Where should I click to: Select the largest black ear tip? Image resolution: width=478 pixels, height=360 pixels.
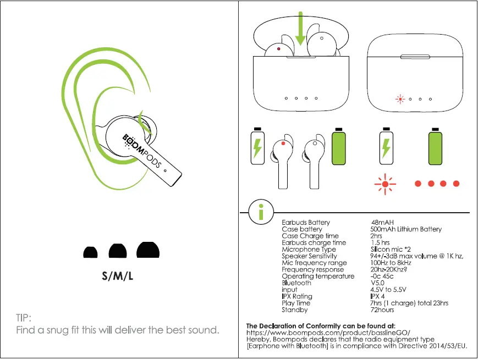click(148, 250)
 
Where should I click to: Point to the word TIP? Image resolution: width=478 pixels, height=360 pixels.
click(26, 318)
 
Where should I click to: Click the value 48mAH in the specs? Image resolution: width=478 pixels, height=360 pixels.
click(382, 223)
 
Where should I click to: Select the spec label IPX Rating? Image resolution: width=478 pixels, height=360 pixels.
click(297, 296)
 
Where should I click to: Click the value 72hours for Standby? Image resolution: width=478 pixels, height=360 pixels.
click(382, 310)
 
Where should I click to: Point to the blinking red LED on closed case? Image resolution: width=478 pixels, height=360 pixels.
click(400, 99)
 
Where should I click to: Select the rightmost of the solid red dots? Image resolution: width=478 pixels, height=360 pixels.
click(456, 184)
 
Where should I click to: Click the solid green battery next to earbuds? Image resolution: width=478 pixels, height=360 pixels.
click(338, 147)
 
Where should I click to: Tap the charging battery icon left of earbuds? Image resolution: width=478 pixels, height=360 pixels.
click(257, 147)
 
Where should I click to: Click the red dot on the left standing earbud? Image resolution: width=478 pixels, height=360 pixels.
click(283, 144)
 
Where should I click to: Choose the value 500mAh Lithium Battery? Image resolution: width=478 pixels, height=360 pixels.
click(406, 229)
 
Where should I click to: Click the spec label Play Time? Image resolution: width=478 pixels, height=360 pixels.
click(296, 303)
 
